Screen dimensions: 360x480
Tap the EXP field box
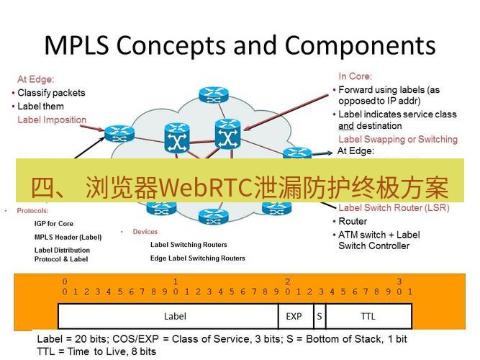pos(294,316)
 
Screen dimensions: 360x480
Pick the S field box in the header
pos(318,316)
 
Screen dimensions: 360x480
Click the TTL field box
pos(368,316)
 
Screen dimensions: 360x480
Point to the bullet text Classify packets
pos(51,93)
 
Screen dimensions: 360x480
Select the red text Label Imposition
pos(52,120)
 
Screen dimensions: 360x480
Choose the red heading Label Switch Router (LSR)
pos(394,208)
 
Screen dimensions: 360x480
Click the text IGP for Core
pos(54,224)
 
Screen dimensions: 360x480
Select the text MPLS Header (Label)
pos(68,237)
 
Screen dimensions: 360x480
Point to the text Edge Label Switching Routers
pos(197,258)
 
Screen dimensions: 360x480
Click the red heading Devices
pos(145,232)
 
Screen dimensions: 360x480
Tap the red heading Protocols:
pos(32,211)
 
